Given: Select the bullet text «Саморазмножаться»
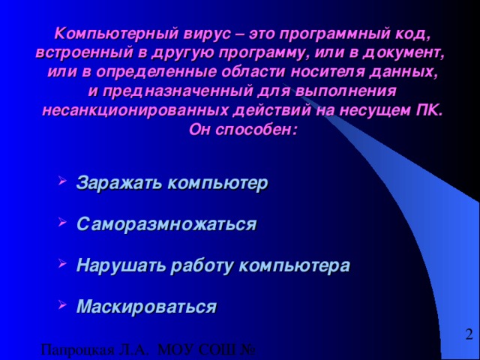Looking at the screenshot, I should click(x=166, y=224).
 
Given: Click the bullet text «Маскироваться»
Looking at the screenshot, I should click(x=147, y=307).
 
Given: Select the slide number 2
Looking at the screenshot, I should click(x=469, y=334).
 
